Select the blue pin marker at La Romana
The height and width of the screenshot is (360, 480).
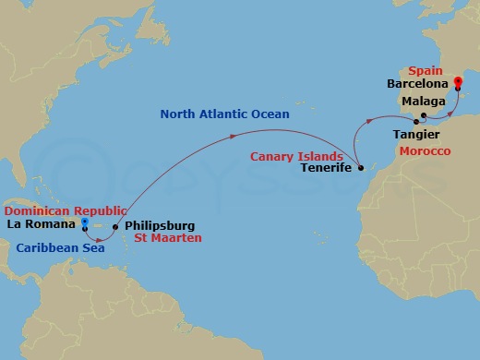84,223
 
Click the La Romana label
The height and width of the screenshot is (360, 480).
41,223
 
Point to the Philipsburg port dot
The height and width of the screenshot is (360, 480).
114,226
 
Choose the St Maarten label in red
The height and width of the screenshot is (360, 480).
168,238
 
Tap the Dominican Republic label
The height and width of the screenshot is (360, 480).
60,210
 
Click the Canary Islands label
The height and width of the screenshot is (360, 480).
295,156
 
